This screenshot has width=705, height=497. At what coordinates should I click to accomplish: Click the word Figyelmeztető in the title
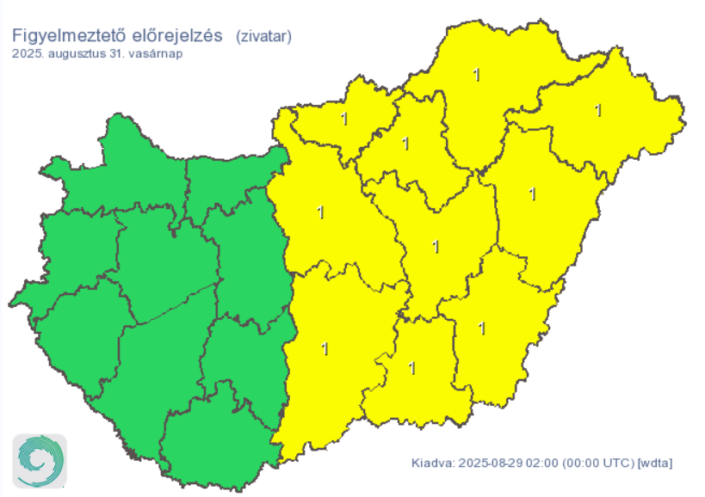point(65,36)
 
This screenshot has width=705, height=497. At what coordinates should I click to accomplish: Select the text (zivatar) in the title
point(264,36)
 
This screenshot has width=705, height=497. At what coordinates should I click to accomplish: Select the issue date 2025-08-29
point(487,463)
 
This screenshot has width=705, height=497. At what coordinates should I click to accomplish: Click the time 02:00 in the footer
point(540,463)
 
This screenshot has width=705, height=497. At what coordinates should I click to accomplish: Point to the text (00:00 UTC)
point(596,463)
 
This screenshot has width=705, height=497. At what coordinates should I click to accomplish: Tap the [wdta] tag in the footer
point(655,463)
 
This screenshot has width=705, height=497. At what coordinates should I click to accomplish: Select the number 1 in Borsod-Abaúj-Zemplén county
point(476,75)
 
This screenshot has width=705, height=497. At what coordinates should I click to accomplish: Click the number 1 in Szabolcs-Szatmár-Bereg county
point(598,110)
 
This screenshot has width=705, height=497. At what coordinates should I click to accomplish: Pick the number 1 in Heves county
point(405,143)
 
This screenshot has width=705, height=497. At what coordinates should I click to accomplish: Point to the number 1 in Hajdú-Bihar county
point(532,194)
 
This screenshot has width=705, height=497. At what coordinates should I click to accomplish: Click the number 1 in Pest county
point(321,212)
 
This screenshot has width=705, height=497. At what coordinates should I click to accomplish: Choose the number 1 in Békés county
point(482,328)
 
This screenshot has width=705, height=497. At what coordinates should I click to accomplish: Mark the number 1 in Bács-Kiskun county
point(325,348)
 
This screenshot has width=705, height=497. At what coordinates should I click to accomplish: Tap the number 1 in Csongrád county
point(411,368)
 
